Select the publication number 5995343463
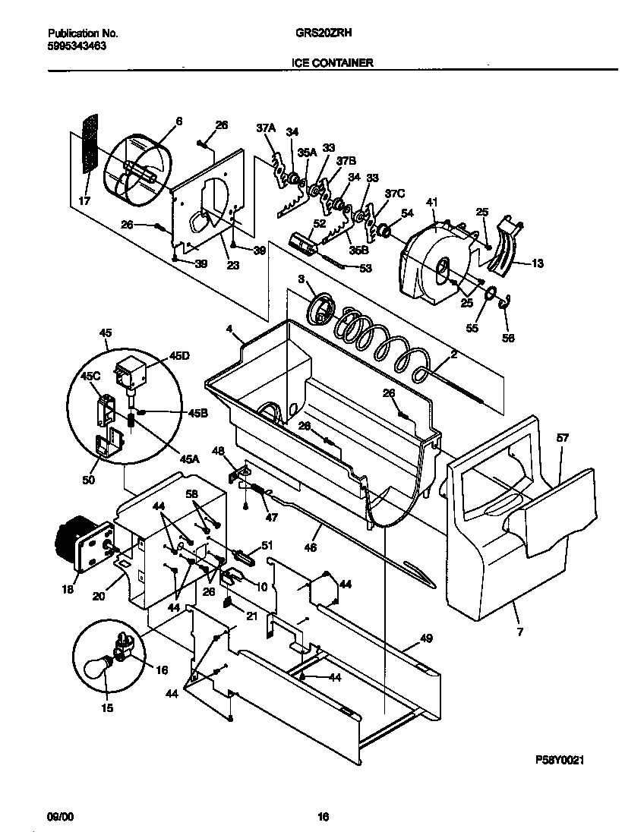(x=77, y=46)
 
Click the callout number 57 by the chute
(x=562, y=439)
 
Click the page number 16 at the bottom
(x=323, y=817)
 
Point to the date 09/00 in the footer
(x=61, y=817)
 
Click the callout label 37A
(x=265, y=130)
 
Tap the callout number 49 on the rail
(x=426, y=640)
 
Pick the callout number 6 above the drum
(x=179, y=121)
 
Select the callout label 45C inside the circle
(x=90, y=374)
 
